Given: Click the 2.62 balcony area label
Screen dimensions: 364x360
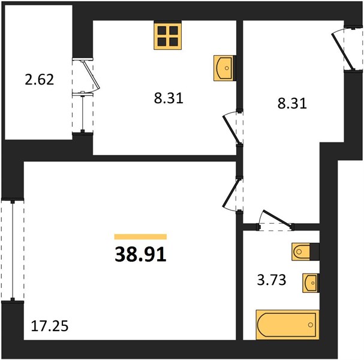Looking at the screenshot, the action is (x=40, y=79).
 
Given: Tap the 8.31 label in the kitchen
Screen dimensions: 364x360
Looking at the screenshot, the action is (x=169, y=98).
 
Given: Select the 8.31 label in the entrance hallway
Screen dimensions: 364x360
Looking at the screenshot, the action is (x=292, y=103).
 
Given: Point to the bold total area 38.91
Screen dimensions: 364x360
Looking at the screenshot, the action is (x=141, y=254).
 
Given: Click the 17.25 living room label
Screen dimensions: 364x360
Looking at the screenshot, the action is (x=50, y=326).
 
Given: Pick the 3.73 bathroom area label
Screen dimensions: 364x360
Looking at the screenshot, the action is (x=272, y=280).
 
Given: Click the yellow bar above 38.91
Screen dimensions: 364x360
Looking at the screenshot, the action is (x=141, y=236).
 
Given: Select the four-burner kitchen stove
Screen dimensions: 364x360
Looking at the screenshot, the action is (x=167, y=36).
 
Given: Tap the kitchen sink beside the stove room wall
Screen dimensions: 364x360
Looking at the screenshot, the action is (x=224, y=68).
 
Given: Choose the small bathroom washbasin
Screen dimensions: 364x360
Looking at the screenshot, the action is (x=311, y=283).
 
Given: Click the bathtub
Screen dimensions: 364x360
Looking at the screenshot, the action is (x=288, y=325).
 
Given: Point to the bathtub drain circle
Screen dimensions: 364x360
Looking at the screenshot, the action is (x=311, y=325).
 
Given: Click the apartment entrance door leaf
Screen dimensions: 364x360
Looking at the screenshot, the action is (x=342, y=52).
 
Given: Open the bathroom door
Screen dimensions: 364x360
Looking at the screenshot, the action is (x=277, y=218).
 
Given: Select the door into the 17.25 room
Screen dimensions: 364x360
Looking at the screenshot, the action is (x=230, y=193).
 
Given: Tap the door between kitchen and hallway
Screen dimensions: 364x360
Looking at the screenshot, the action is (x=231, y=129).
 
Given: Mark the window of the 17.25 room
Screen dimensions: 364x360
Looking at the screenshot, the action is (x=13, y=250).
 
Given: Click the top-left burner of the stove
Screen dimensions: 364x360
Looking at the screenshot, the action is (x=162, y=31).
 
